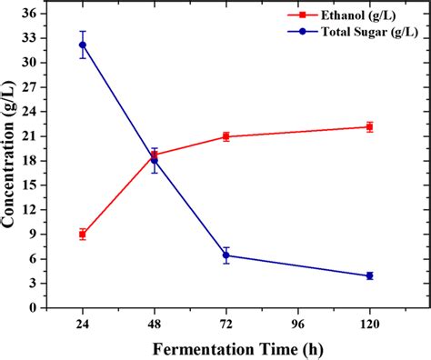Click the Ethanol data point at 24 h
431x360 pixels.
click(x=83, y=235)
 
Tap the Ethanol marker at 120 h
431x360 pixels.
click(x=369, y=126)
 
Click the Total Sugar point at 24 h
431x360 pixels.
click(x=83, y=45)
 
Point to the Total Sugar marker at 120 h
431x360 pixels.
click(x=369, y=275)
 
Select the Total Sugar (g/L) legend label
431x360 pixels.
click(x=382, y=33)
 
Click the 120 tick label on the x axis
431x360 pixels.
click(x=369, y=323)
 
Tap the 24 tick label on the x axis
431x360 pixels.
click(x=83, y=323)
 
